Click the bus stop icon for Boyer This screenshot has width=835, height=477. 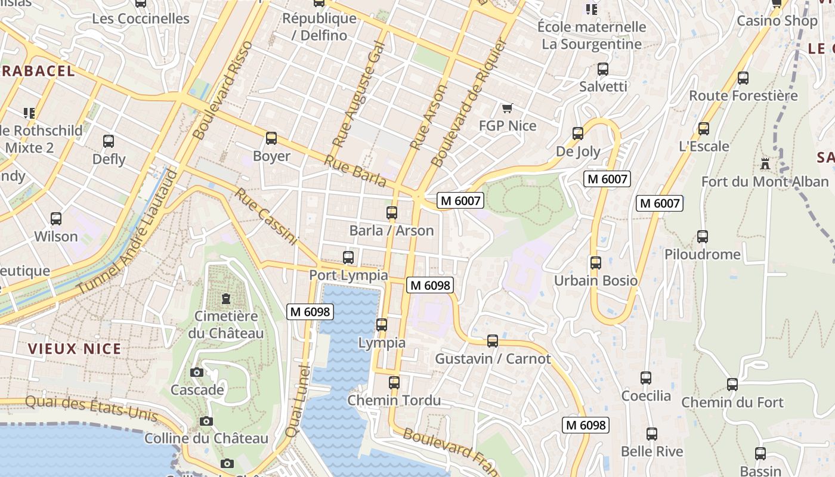pyautogui.click(x=271, y=138)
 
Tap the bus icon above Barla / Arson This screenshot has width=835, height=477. pyautogui.click(x=392, y=212)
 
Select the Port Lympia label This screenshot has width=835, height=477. pyautogui.click(x=348, y=275)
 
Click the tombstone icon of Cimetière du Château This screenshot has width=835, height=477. pyautogui.click(x=226, y=298)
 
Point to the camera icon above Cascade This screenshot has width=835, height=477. pyautogui.click(x=197, y=373)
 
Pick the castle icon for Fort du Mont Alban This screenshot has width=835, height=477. pyautogui.click(x=765, y=163)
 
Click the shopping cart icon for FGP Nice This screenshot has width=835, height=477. pyautogui.click(x=508, y=108)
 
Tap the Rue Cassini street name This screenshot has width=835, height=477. pyautogui.click(x=265, y=216)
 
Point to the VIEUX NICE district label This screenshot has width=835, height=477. pyautogui.click(x=75, y=349)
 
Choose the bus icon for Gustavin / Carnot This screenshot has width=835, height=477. pyautogui.click(x=493, y=341)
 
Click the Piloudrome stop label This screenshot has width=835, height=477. pyautogui.click(x=703, y=255)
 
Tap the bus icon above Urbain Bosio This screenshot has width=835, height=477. pyautogui.click(x=595, y=262)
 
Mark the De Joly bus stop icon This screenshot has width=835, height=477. pyautogui.click(x=578, y=134)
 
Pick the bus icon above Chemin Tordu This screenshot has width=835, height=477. pyautogui.click(x=394, y=383)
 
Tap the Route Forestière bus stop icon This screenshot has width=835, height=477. pyautogui.click(x=743, y=78)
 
